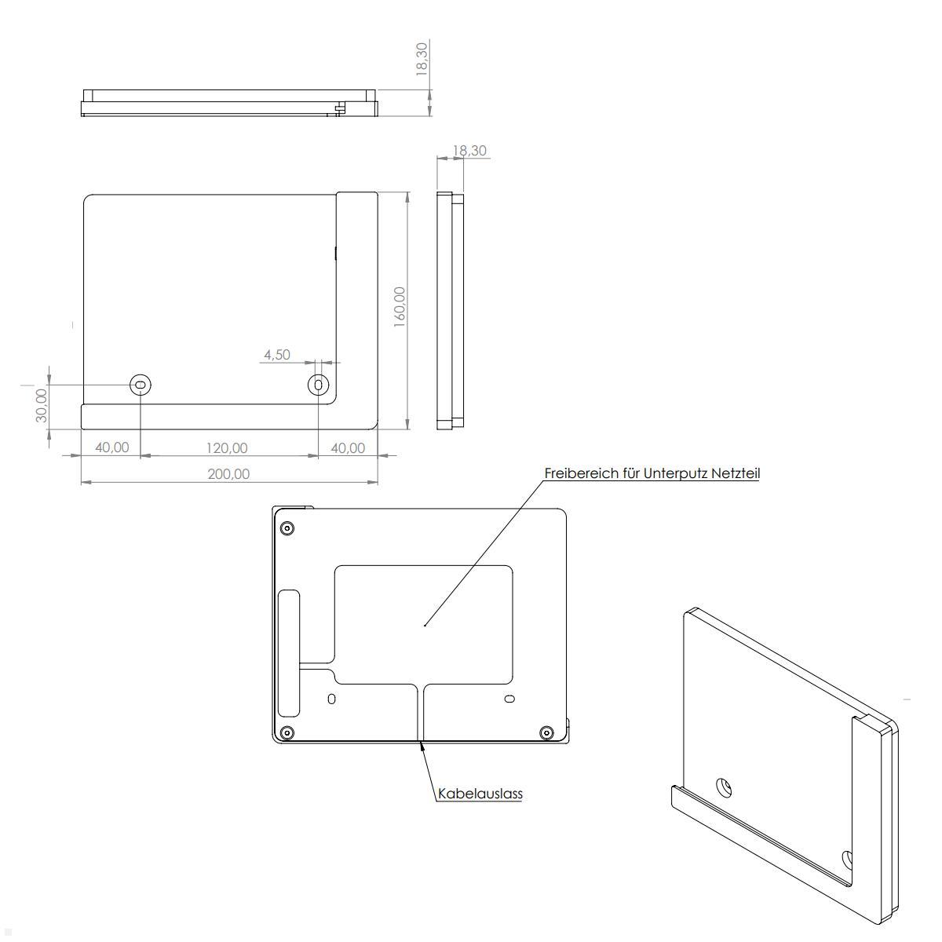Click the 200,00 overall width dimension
pos(228,474)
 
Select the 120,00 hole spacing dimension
pos(227,448)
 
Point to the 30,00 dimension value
pos(42,404)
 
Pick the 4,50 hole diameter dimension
pos(276,355)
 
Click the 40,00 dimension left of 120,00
pos(111,447)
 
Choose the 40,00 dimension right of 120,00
pos(348,448)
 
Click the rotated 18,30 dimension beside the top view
pos(422,58)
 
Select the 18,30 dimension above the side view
pos(469,151)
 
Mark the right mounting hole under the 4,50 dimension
pos(318,385)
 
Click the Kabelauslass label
pos(480,794)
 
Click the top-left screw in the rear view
pos(287,528)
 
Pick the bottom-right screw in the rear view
pos(546,733)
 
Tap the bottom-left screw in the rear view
pos(287,733)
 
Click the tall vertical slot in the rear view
pos(288,652)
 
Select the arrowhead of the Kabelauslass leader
pos(424,747)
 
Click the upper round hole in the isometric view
pos(725,787)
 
